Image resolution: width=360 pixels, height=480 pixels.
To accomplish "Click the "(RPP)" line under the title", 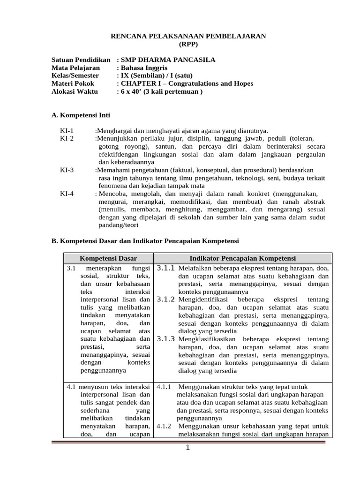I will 188,45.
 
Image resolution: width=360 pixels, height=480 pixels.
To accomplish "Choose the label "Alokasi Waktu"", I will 75,91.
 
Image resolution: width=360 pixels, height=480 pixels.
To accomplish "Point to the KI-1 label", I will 67,131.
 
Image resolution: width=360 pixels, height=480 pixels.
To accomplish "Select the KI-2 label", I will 67,139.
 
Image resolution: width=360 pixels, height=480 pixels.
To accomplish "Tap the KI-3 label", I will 67,170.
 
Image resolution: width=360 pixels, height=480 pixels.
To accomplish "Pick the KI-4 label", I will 67,194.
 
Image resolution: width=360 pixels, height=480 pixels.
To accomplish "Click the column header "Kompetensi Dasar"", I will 108,258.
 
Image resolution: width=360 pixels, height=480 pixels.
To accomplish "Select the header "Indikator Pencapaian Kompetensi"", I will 242,258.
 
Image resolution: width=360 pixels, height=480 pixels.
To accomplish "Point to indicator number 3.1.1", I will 165,268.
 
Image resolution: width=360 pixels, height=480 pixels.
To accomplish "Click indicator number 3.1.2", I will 165,299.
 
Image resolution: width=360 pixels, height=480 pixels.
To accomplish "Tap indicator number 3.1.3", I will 165,338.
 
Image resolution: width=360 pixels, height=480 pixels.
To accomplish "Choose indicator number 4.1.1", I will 164,387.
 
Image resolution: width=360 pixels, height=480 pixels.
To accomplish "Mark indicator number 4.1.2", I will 164,426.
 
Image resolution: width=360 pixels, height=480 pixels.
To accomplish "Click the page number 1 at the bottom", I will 187,448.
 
